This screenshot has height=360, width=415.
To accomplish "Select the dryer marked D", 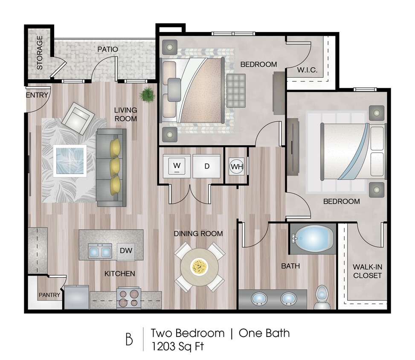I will pos(206,166).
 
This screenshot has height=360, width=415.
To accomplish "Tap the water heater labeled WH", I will pos(236,166).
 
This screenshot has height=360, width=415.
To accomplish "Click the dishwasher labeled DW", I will pos(125,251).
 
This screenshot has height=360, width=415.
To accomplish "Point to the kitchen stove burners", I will pos(129,298).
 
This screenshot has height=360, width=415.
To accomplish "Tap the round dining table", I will pos(199,267).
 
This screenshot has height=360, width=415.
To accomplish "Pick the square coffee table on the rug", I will pos(70,160).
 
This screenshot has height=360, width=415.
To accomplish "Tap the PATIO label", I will pos(107,49).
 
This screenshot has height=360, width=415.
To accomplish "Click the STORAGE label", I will pos(40,52).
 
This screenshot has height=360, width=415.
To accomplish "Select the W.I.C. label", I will pos(307,70).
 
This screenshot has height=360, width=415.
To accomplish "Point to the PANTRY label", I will pos(49,295).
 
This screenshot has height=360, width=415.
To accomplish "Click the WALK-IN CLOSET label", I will pos(367,271).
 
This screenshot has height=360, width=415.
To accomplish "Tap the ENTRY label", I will pos(37,95).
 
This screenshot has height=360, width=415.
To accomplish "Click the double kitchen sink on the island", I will pos(100,251).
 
